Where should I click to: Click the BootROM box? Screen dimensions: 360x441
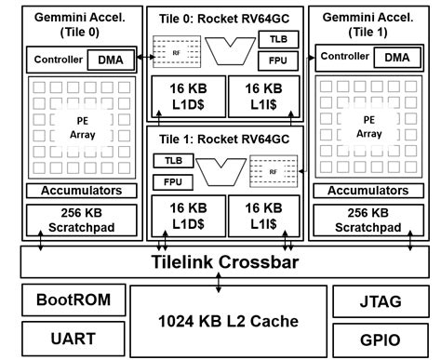click(x=68, y=301)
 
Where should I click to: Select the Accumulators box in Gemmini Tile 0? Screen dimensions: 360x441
click(x=74, y=191)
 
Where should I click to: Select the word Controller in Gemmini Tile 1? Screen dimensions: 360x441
click(x=344, y=58)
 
